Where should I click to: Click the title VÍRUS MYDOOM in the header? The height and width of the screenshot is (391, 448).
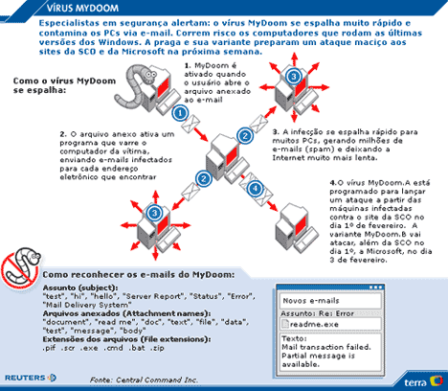click(x=82, y=8)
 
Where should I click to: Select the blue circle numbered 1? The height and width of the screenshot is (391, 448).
click(x=180, y=113)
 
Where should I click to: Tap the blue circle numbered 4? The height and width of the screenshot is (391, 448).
click(x=255, y=189)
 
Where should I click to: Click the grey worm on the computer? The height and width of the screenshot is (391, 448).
click(x=134, y=85)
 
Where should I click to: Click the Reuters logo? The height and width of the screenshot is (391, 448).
click(x=31, y=378)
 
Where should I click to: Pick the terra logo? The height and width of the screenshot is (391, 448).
click(x=423, y=381)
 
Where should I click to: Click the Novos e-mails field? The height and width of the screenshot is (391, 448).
click(x=330, y=301)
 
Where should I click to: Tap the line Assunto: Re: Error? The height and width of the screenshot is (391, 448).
click(x=317, y=313)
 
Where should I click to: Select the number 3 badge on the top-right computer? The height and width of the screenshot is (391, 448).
click(x=294, y=76)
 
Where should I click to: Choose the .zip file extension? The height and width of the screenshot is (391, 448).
click(x=157, y=348)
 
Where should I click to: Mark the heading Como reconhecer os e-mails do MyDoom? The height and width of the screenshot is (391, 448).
click(x=139, y=275)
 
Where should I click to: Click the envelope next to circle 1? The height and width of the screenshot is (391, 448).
click(x=190, y=124)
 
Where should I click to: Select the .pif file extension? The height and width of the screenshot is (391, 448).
click(x=49, y=348)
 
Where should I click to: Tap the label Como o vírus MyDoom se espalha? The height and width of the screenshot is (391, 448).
click(x=64, y=85)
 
